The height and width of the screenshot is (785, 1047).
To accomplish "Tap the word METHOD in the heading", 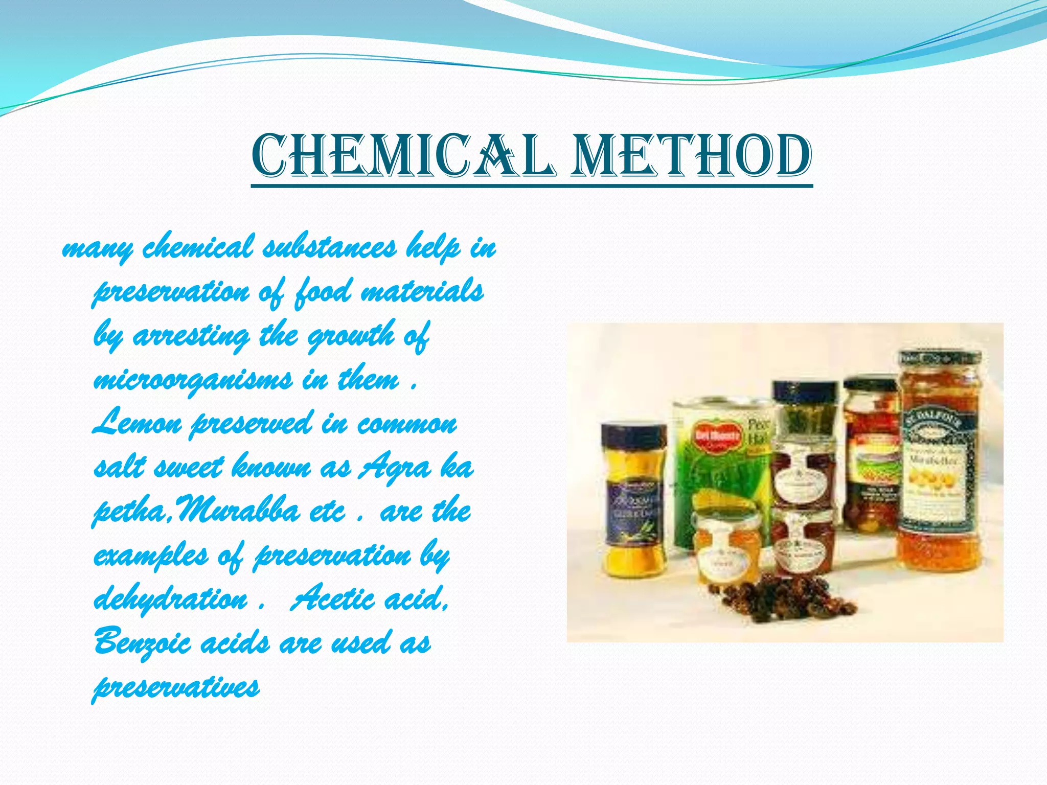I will pyautogui.click(x=691, y=155).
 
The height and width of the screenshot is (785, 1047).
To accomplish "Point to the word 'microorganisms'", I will pyautogui.click(x=193, y=381).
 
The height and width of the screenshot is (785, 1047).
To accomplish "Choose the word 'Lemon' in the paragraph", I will pyautogui.click(x=137, y=424).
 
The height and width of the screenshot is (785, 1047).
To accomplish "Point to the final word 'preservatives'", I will pyautogui.click(x=176, y=688).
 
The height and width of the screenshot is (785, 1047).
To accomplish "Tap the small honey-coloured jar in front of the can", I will pyautogui.click(x=721, y=547).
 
